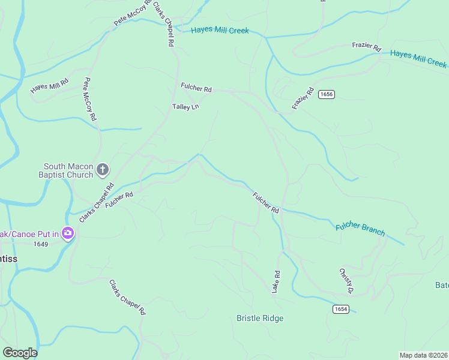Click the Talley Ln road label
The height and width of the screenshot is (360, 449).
[x=185, y=107]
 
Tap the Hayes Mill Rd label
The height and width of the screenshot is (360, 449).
[x=50, y=86]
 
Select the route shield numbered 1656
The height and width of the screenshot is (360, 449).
[x=327, y=94]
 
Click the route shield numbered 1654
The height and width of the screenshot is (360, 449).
[x=340, y=308]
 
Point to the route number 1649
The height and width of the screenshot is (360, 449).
[x=41, y=244]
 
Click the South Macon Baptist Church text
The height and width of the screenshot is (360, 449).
[x=68, y=170]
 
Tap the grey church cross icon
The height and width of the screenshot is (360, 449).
[x=103, y=170]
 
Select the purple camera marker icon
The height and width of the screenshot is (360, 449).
[x=67, y=233]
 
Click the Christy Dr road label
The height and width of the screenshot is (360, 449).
[x=345, y=281]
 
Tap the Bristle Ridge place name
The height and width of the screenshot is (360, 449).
[x=260, y=318]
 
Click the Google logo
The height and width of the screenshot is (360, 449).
[x=20, y=353]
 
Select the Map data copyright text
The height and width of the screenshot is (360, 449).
[x=424, y=355]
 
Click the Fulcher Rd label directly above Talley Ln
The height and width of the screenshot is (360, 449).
[x=196, y=88]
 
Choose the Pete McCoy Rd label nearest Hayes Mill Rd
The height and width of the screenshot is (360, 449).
[x=90, y=99]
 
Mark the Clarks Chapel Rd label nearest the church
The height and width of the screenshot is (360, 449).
[x=96, y=202]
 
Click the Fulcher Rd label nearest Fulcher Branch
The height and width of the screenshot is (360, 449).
[x=266, y=203]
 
